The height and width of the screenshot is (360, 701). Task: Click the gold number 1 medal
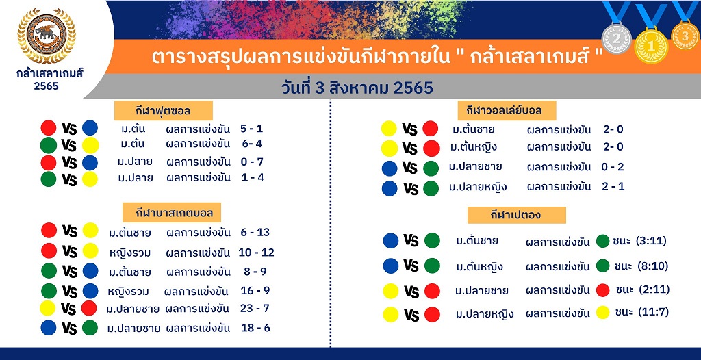[651, 46]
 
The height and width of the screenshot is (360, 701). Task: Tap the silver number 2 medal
[617, 39]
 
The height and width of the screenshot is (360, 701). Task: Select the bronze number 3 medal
[685, 36]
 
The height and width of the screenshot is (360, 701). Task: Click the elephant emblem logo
[47, 36]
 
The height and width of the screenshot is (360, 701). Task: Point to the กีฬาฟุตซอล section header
[163, 110]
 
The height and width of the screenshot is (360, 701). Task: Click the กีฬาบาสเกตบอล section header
[172, 212]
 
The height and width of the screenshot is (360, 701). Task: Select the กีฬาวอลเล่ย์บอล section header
[507, 110]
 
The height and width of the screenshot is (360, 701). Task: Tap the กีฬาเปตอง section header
[516, 215]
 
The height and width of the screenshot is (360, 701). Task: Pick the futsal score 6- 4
[251, 144]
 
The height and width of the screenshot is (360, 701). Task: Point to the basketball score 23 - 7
[254, 309]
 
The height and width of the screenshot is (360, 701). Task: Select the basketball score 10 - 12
[256, 253]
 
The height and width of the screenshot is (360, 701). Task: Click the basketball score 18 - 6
[255, 328]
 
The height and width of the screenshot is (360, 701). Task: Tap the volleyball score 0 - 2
[613, 167]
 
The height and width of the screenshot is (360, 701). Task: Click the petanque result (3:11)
[652, 241]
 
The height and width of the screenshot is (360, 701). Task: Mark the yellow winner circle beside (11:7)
[602, 312]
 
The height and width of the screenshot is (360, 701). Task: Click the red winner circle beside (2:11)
[602, 290]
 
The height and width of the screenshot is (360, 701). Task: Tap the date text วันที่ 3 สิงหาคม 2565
[357, 88]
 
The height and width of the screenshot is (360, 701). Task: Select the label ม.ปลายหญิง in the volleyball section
[478, 187]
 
